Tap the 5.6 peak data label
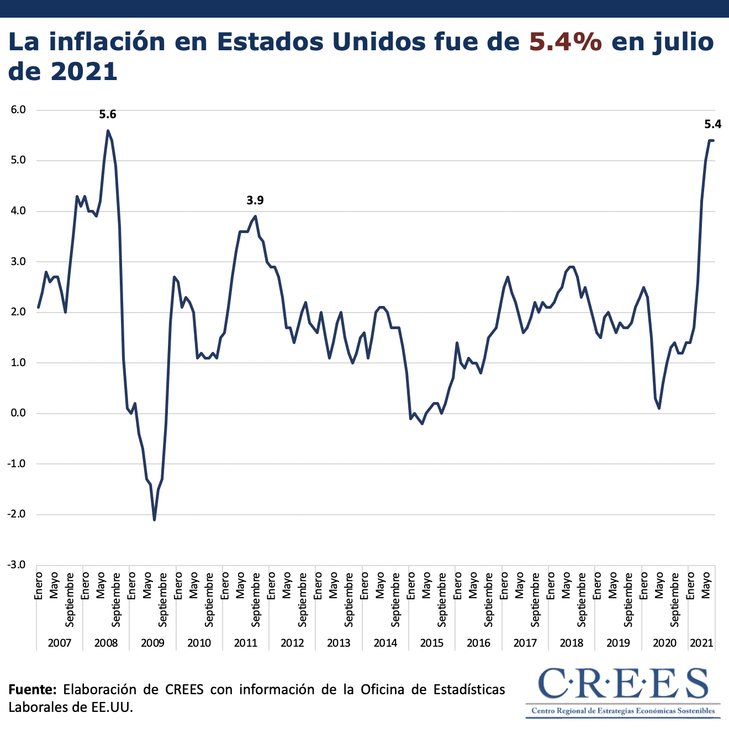108,115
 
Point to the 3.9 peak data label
255,200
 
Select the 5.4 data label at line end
712,124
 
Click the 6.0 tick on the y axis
18,110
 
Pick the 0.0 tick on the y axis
18,414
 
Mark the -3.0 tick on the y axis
17,565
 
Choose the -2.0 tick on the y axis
17,515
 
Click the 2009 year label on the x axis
152,643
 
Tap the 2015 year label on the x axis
432,643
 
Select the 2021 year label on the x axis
701,643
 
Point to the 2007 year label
60,643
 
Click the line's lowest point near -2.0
154,519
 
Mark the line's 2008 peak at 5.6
108,131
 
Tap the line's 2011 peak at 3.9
255,216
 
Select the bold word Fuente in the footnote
32,689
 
